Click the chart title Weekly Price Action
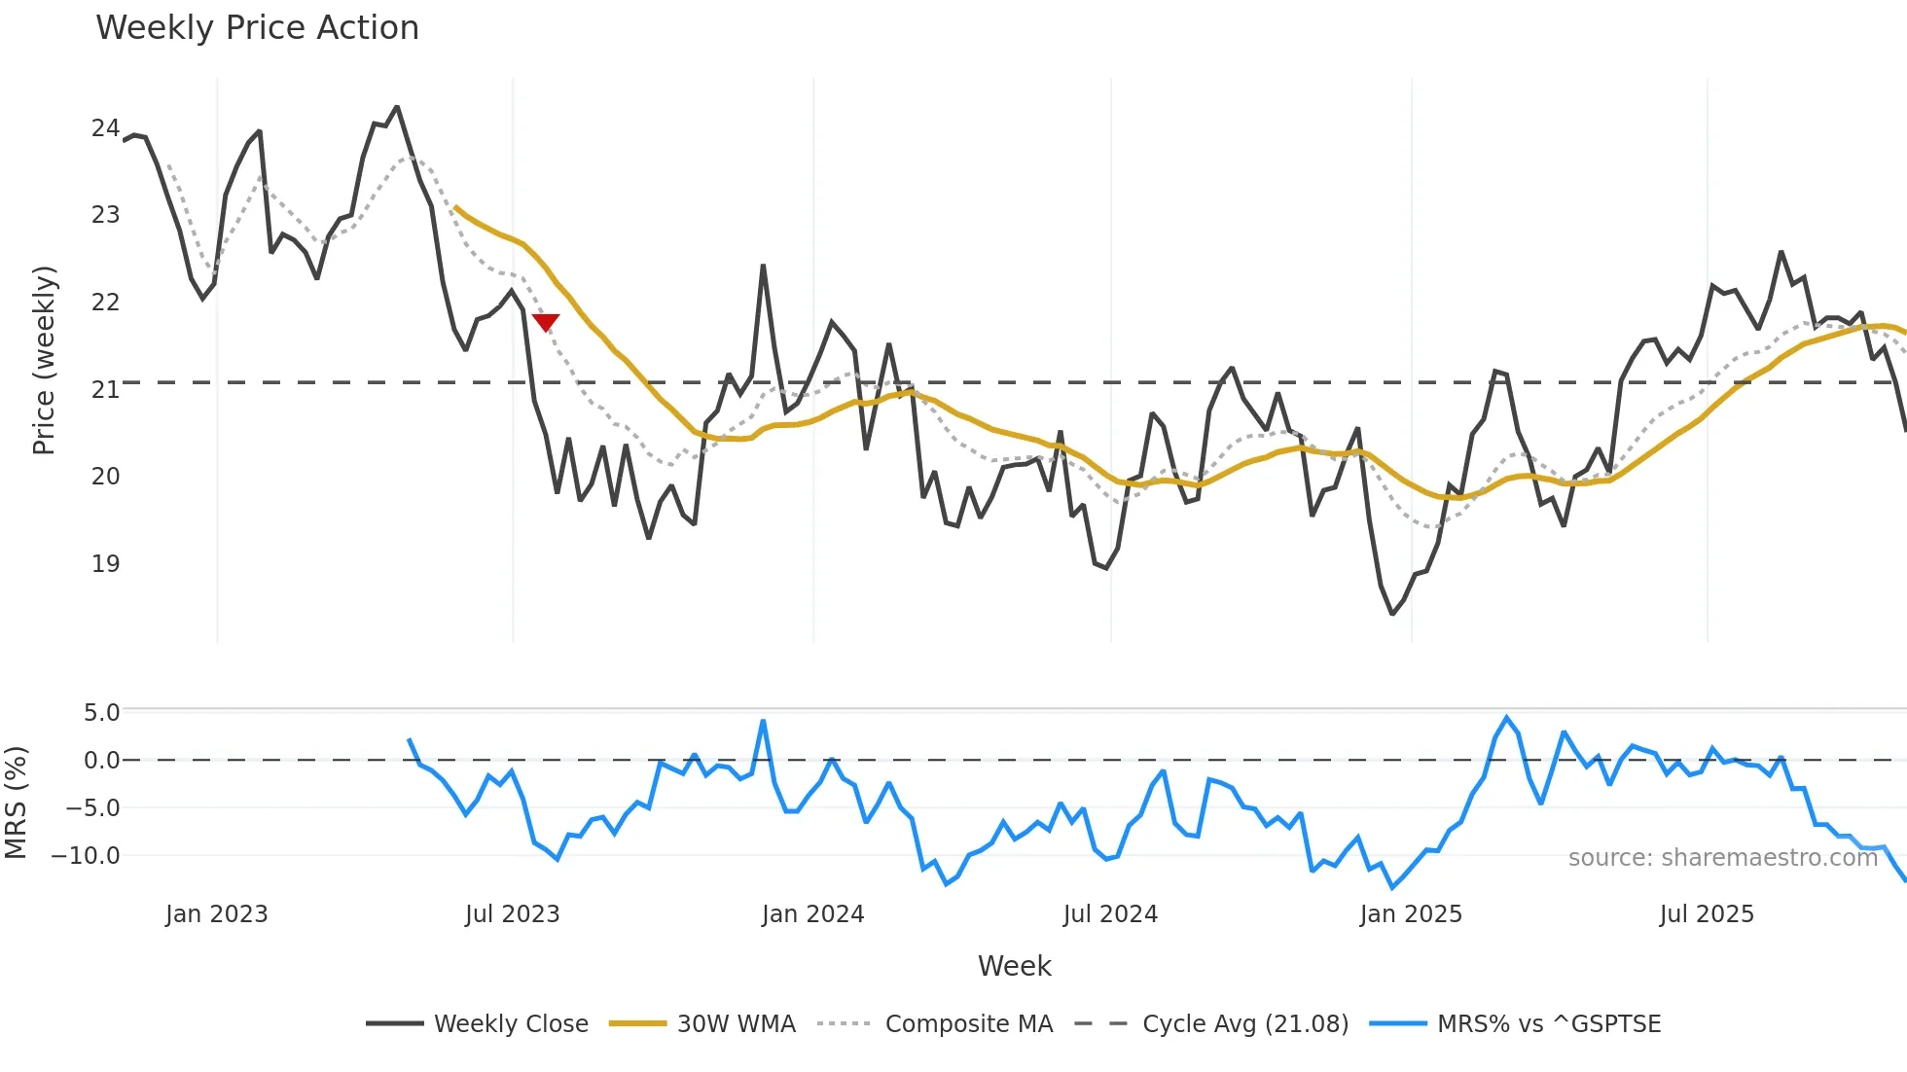click(x=257, y=27)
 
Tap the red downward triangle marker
click(x=546, y=322)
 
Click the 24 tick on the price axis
click(x=105, y=128)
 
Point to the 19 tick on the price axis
click(x=105, y=563)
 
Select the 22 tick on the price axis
click(x=105, y=302)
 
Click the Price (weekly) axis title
click(x=44, y=360)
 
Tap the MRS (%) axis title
click(x=16, y=803)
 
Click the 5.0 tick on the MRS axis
click(x=101, y=713)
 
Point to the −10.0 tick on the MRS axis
click(x=86, y=856)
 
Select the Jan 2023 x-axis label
click(x=216, y=914)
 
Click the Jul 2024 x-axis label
click(x=1110, y=914)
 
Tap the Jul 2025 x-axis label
click(x=1707, y=914)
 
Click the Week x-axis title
click(x=1014, y=966)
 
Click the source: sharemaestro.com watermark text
click(x=1722, y=858)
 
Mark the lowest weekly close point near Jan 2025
click(x=1392, y=614)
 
